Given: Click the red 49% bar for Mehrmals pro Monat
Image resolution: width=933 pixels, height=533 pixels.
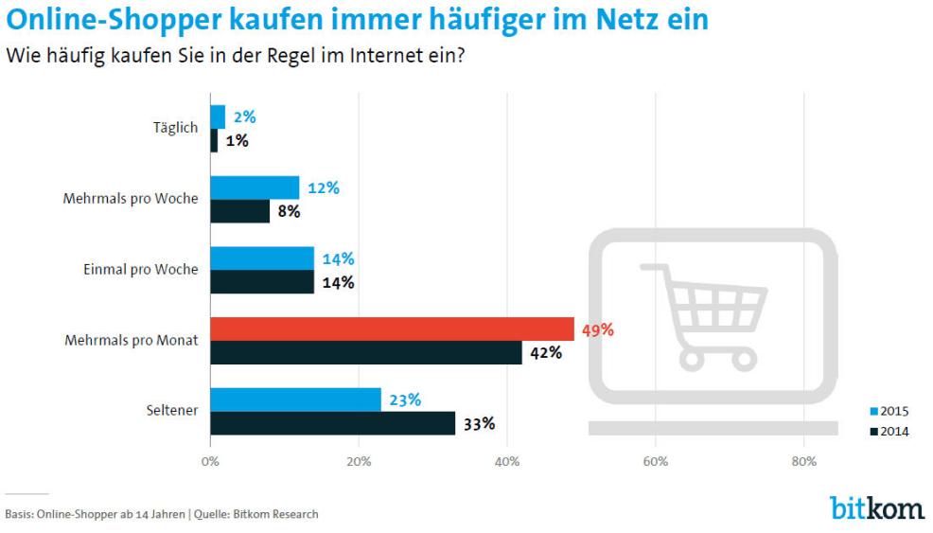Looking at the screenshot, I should click(392, 329).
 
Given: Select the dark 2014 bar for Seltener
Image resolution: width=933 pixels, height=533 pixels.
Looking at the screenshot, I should click(332, 423).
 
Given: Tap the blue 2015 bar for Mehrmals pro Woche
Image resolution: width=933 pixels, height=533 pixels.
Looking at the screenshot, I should click(255, 187).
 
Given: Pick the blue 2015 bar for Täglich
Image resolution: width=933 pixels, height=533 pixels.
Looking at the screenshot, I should click(218, 116).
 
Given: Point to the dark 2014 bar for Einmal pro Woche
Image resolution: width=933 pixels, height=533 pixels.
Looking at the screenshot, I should click(262, 282).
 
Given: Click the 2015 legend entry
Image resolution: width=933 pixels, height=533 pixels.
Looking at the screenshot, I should click(889, 411).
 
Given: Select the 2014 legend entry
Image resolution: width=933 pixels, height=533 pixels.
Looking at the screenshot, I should click(889, 432).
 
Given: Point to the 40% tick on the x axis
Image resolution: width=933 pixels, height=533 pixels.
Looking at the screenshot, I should click(507, 462).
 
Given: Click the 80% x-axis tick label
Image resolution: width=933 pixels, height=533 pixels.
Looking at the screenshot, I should click(803, 462).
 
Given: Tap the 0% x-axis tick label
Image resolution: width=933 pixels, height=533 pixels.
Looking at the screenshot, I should click(210, 462).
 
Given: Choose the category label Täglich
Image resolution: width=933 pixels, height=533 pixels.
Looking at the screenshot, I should click(175, 128).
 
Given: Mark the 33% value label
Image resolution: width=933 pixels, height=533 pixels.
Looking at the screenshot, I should click(479, 424).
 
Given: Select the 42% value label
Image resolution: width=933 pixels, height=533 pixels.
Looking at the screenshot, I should click(546, 353).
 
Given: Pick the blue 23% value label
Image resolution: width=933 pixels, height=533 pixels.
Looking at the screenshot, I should click(405, 400).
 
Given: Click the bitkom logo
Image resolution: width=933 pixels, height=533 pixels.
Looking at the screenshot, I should click(876, 508).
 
